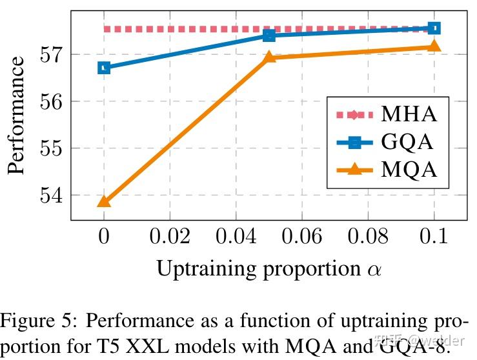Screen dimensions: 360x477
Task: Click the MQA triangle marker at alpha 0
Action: click(104, 202)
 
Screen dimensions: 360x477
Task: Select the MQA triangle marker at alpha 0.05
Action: click(269, 58)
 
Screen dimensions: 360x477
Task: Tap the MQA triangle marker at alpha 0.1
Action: click(434, 46)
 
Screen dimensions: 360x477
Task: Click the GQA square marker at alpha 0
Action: click(104, 68)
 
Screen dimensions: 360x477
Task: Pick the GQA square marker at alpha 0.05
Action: click(269, 35)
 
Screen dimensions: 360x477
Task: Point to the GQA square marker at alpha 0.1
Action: click(434, 28)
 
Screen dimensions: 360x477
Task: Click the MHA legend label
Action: click(409, 115)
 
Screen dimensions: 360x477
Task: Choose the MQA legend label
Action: click(409, 170)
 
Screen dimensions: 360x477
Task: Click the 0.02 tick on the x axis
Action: click(170, 237)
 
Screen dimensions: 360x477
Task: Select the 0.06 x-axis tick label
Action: click(302, 237)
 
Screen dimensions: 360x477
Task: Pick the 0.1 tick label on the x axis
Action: click(434, 237)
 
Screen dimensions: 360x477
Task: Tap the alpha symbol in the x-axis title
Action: click(372, 270)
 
